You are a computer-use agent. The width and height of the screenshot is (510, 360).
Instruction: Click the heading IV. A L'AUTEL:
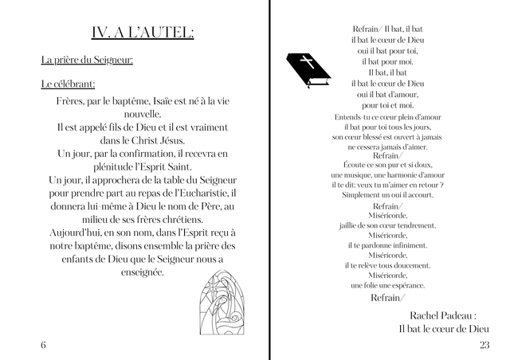coord(143,33)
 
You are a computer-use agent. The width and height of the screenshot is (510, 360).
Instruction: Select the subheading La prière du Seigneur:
coord(87,61)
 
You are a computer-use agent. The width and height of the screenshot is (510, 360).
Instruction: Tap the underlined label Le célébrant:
coord(68,84)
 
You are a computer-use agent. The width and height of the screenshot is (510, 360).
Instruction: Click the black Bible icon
coord(308,69)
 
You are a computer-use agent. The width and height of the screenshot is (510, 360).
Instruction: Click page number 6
coord(43,344)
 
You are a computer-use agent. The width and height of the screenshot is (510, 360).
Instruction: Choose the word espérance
coord(406,285)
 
